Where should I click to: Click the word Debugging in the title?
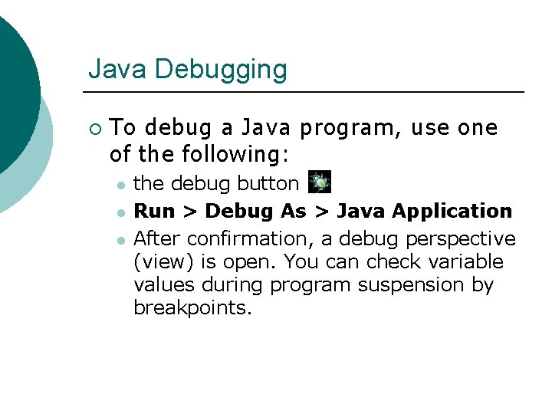(x=221, y=70)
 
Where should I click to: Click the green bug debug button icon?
(x=320, y=183)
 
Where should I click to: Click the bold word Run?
(x=154, y=211)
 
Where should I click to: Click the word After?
(x=157, y=238)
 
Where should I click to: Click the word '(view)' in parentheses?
(x=164, y=261)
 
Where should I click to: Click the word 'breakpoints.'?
(x=192, y=308)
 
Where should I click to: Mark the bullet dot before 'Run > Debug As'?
(x=120, y=212)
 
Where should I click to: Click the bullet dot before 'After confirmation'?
(x=120, y=238)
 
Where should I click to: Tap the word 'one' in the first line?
(x=478, y=127)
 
